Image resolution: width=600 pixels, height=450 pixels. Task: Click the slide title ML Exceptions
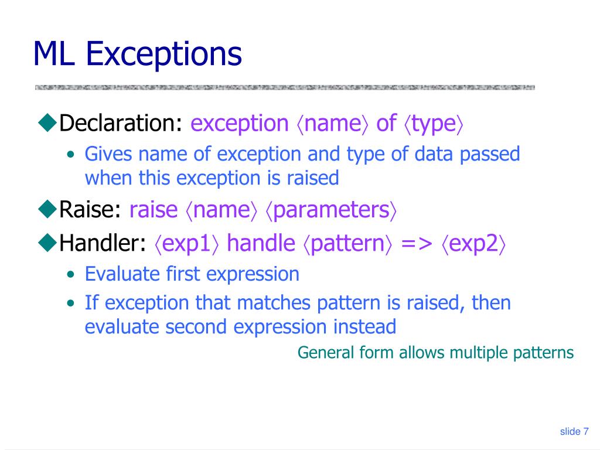click(x=137, y=54)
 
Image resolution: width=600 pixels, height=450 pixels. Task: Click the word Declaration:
click(x=122, y=124)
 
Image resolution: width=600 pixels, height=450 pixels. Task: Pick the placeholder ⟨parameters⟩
click(x=332, y=210)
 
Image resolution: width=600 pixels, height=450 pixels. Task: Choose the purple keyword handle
click(x=261, y=244)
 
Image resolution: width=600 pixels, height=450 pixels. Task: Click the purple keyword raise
click(x=153, y=210)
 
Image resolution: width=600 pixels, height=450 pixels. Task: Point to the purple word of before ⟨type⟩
click(x=386, y=124)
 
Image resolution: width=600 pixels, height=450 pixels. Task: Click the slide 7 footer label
click(x=574, y=432)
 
